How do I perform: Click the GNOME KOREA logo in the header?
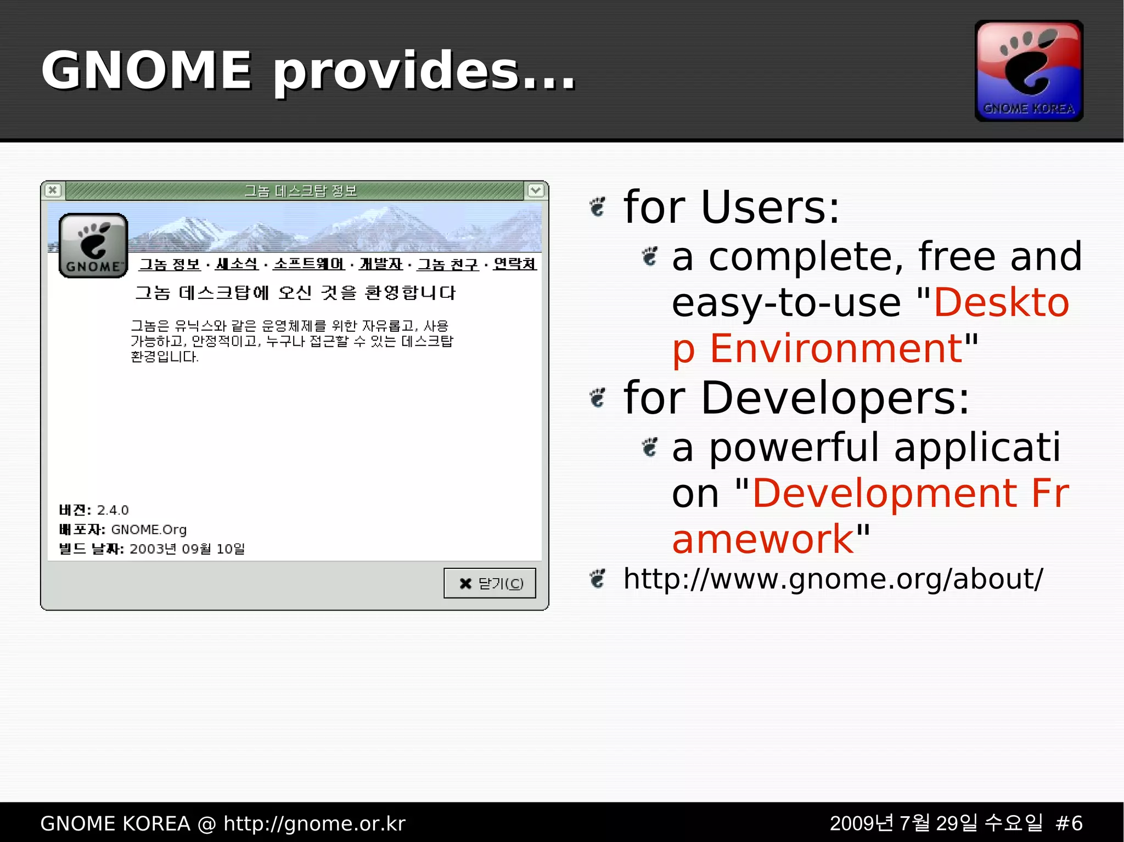click(x=1029, y=71)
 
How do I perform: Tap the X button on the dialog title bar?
click(x=53, y=190)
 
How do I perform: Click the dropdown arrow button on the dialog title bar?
click(x=536, y=190)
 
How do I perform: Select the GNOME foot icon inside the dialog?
click(x=93, y=245)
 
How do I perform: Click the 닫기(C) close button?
click(x=490, y=583)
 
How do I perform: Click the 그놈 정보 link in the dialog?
click(x=170, y=264)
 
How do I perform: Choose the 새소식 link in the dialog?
click(x=237, y=264)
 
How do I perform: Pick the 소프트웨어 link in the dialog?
click(x=308, y=264)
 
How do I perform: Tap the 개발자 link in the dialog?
click(x=381, y=264)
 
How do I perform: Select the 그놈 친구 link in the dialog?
click(x=448, y=264)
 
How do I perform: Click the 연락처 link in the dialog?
click(x=514, y=264)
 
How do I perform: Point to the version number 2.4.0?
click(x=113, y=510)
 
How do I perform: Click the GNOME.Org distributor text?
click(x=149, y=529)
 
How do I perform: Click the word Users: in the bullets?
click(x=770, y=207)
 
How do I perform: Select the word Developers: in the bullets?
click(x=835, y=398)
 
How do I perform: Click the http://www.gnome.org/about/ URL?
click(x=833, y=579)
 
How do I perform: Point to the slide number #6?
click(x=1069, y=823)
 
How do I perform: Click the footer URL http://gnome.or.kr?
click(x=314, y=823)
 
